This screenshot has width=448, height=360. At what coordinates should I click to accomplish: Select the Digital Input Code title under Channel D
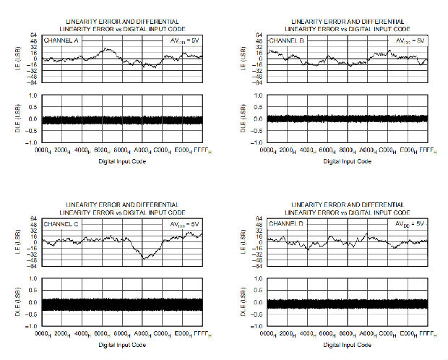coord(348,346)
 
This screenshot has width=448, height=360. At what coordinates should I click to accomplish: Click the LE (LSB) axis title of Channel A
coord(16,59)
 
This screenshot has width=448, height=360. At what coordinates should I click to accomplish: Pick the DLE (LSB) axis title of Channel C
coord(16,302)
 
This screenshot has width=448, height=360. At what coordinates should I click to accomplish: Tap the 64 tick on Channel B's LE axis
coord(260,36)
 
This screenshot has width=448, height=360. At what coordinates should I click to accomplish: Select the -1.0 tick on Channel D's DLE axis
coord(259,326)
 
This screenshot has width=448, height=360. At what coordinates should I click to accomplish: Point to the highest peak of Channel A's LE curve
coord(106,48)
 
